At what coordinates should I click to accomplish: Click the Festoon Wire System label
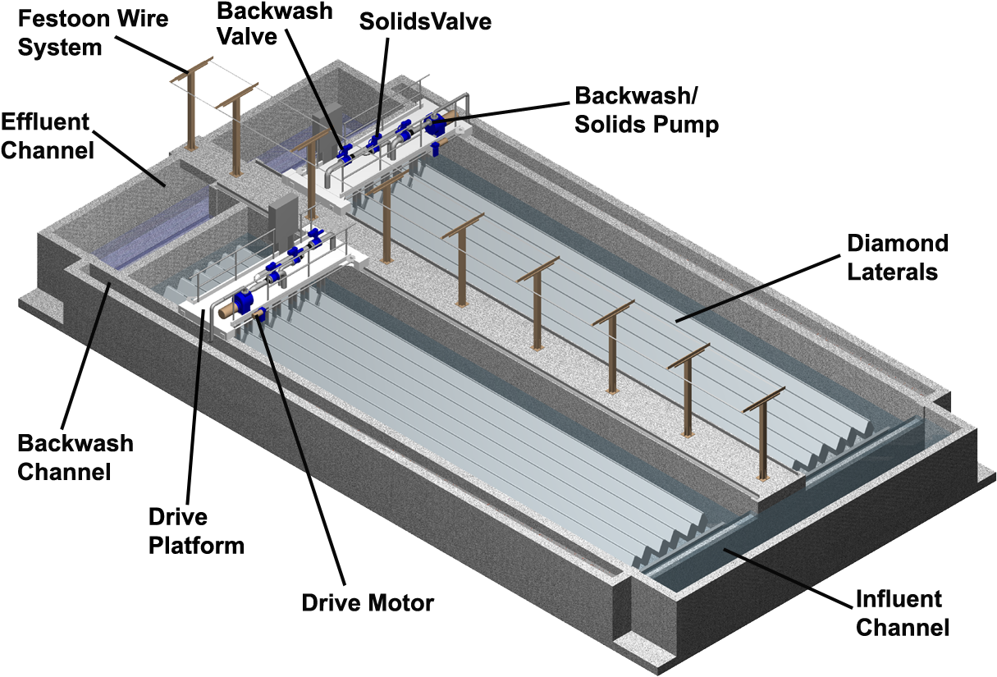(93, 32)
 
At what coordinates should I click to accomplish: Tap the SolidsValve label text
(425, 21)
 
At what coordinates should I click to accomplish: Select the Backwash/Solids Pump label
(647, 109)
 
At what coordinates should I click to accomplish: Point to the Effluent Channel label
(46, 136)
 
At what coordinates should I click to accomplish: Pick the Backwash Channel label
(75, 458)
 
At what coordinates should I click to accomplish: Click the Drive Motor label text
(368, 604)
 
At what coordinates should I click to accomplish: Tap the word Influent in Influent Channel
(898, 600)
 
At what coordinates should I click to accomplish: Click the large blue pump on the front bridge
(244, 301)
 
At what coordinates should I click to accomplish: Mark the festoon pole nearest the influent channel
(764, 435)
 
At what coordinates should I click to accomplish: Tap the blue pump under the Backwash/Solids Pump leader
(434, 126)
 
